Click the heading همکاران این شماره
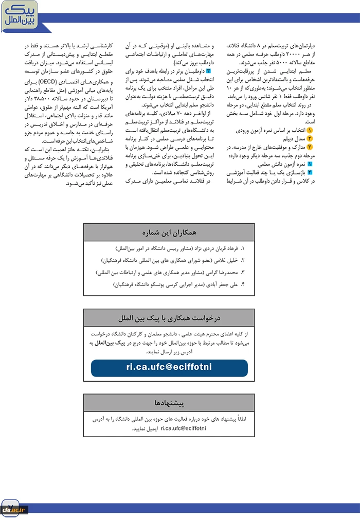click(169, 232)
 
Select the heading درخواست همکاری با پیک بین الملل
click(169, 316)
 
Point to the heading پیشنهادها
click(169, 402)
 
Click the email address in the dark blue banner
click(169, 367)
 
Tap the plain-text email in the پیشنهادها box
click(183, 428)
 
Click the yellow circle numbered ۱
click(310, 131)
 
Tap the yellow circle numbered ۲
click(310, 139)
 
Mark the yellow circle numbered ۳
click(310, 147)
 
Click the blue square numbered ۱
click(310, 164)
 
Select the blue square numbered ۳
click(208, 70)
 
